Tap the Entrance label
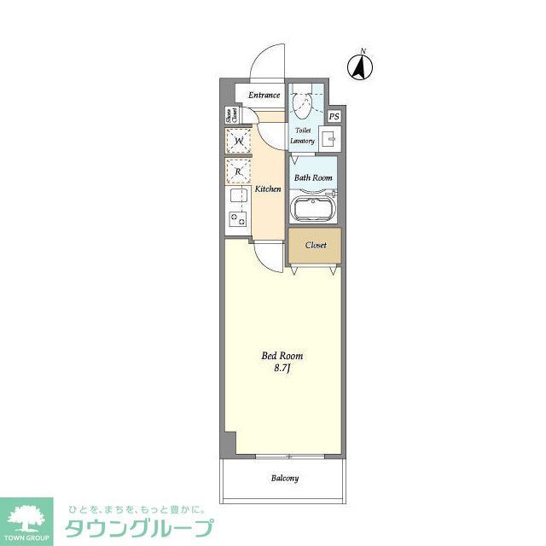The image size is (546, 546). point(264,95)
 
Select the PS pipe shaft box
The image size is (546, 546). point(334,117)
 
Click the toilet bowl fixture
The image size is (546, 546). point(301,105)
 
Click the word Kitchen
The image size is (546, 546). point(268,189)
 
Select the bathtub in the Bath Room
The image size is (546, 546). point(313,208)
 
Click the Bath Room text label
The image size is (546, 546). point(313,177)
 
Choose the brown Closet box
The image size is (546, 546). point(315,245)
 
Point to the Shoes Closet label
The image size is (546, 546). point(229,116)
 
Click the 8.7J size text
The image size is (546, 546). point(282,369)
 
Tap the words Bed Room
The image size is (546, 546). point(282,356)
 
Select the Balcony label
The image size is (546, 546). point(285,479)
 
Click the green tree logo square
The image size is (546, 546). point(26,518)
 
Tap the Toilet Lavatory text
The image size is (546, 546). point(303,136)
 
